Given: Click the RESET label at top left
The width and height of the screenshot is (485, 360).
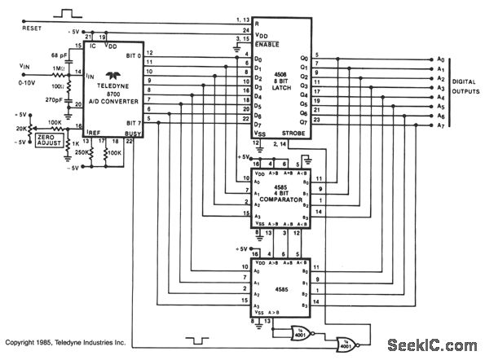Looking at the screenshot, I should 15,26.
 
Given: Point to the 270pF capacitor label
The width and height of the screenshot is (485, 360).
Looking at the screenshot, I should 55,98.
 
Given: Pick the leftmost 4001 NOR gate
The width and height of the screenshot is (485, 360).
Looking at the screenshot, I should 299,331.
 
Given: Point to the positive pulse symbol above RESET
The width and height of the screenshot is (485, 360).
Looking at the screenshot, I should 65,13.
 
